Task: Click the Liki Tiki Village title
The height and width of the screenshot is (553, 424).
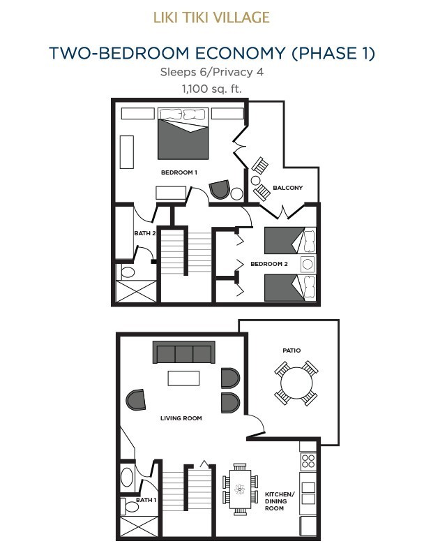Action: [211, 17]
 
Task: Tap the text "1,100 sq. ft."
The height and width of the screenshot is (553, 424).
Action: [212, 89]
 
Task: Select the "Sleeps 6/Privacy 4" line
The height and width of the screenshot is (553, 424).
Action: [212, 72]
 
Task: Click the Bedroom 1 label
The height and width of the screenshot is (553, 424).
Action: [179, 172]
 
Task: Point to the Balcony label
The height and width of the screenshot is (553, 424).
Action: [288, 188]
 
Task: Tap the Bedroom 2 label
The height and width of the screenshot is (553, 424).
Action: [269, 264]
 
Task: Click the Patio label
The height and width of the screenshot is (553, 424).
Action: [291, 351]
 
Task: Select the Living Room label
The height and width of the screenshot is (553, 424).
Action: [181, 418]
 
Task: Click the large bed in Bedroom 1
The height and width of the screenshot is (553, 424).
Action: [183, 133]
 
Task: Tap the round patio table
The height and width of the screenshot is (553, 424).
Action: [296, 383]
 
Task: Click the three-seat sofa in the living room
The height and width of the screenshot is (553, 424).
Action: [184, 352]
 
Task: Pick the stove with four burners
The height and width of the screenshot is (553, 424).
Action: [308, 462]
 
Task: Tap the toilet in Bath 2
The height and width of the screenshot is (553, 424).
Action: [126, 272]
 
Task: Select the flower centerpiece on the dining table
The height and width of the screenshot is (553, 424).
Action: [239, 489]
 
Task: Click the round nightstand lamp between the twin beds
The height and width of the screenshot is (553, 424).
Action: [308, 264]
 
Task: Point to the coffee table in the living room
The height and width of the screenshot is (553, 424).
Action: [183, 378]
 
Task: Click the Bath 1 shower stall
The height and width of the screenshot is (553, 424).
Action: [138, 526]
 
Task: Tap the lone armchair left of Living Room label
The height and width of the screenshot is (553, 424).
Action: [136, 399]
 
